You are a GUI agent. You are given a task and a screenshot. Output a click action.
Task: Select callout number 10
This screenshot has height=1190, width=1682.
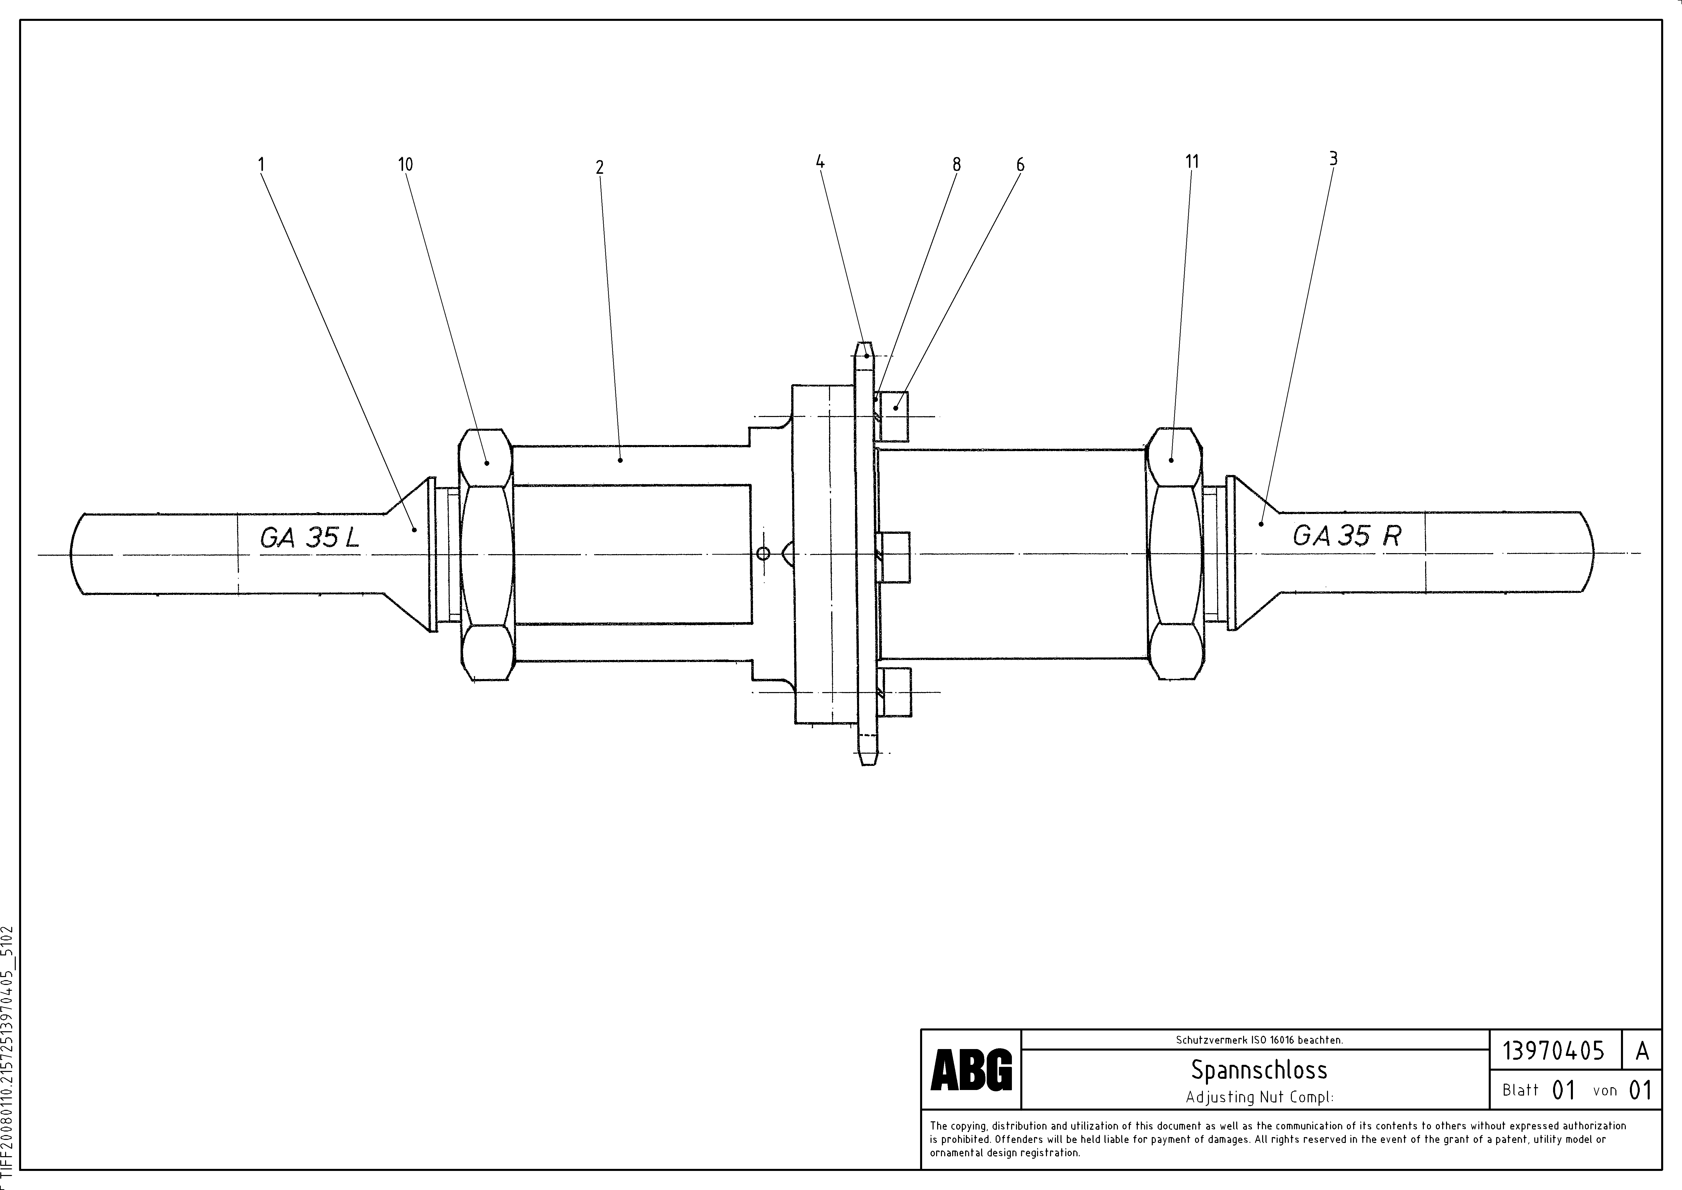coord(405,164)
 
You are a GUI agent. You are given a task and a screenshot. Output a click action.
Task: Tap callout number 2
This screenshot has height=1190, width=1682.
coord(599,167)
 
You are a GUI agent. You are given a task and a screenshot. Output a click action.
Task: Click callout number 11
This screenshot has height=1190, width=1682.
coord(1192,161)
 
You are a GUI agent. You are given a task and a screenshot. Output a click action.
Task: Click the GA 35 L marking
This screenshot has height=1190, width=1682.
coord(309,539)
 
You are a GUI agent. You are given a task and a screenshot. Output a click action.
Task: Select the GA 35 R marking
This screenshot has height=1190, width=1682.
coord(1347,536)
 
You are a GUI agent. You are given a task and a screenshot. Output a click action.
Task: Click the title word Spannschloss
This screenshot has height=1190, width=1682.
coord(1259,1070)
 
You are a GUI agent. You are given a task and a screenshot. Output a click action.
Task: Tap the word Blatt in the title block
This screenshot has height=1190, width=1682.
coord(1520,1090)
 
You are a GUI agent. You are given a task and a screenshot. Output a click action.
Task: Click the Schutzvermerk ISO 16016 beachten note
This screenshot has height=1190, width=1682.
coord(1259,1040)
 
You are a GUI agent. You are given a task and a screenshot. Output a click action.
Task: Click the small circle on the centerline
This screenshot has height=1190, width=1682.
coord(763,553)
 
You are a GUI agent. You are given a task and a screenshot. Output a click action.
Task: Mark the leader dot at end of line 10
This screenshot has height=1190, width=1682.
coord(486,463)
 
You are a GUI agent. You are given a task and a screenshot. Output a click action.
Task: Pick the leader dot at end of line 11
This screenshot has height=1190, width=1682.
coord(1171,460)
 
